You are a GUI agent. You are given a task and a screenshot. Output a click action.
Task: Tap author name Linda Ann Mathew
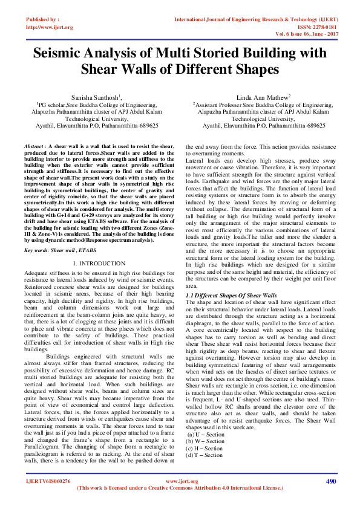click(x=263, y=97)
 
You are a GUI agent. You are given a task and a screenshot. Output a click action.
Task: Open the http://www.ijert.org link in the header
click(x=50, y=27)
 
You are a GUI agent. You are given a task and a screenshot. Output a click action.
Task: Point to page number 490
click(x=330, y=481)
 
